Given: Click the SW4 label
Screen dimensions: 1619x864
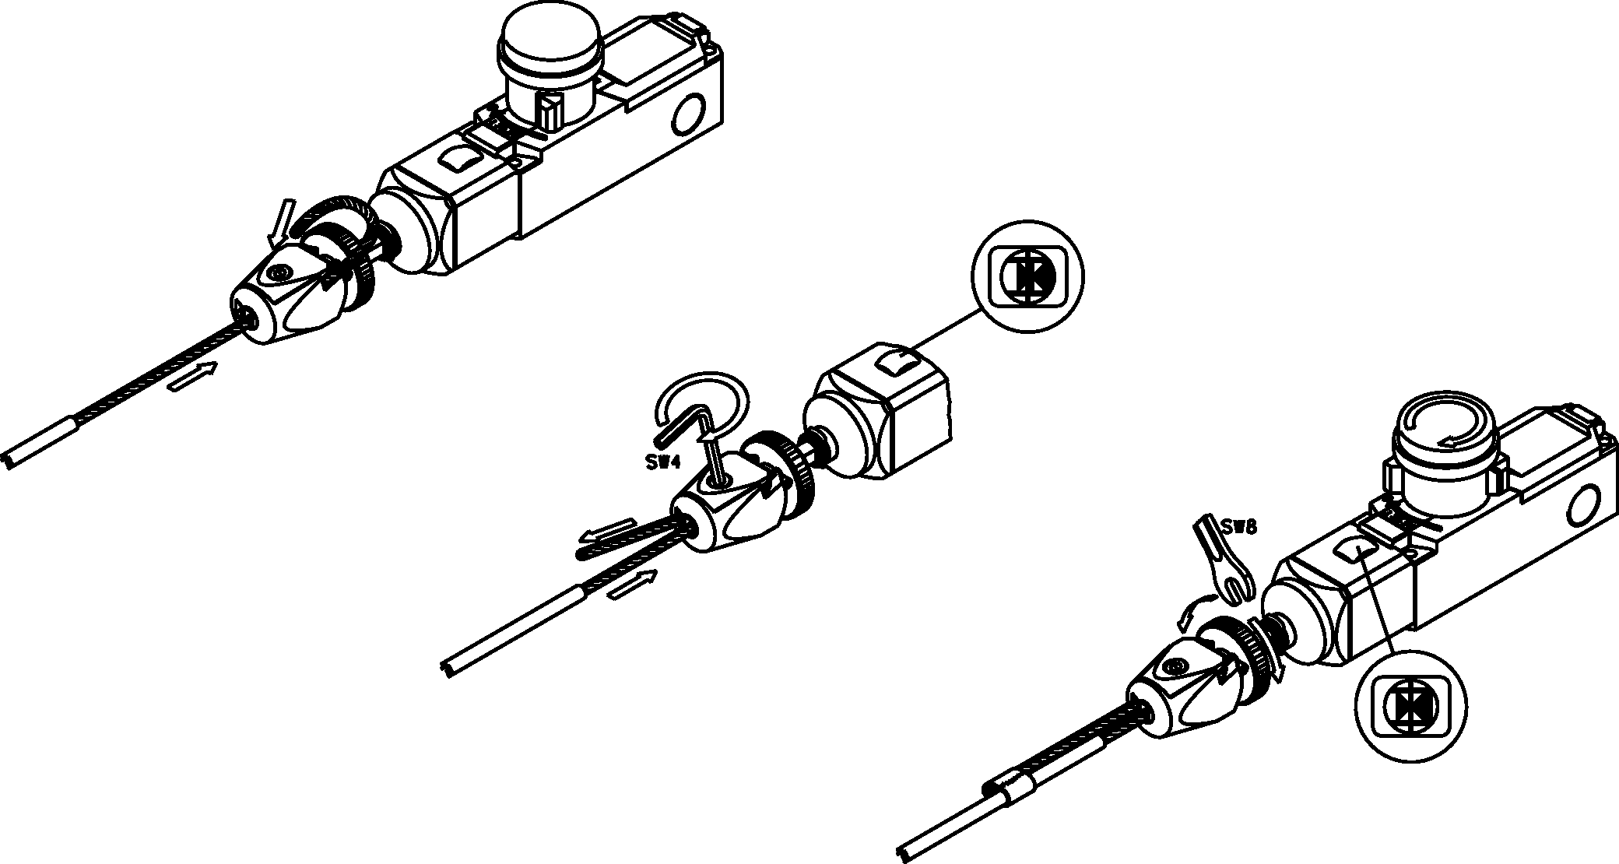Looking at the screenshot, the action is (x=663, y=462).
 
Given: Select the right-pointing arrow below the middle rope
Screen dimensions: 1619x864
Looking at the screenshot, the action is (x=632, y=585).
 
